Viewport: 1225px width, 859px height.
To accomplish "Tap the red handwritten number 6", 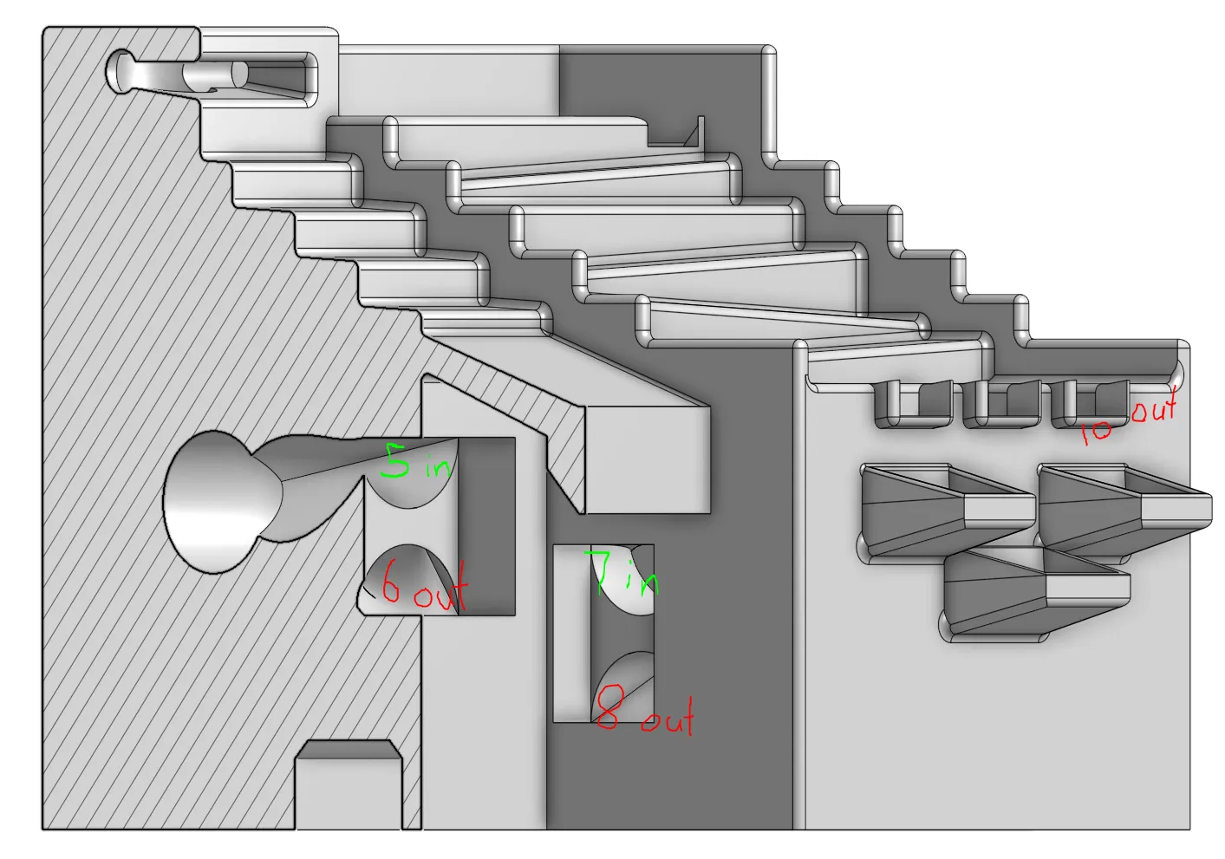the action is (390, 582).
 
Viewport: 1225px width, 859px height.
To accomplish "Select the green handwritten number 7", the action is (601, 571).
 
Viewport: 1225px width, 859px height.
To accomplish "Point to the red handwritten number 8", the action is (608, 707).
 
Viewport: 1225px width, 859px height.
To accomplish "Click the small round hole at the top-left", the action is (120, 72).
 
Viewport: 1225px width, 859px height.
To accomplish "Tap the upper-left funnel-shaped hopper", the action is (948, 511).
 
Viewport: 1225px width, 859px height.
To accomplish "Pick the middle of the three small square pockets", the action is (1001, 404).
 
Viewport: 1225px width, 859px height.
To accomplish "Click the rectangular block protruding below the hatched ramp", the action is (648, 459).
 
